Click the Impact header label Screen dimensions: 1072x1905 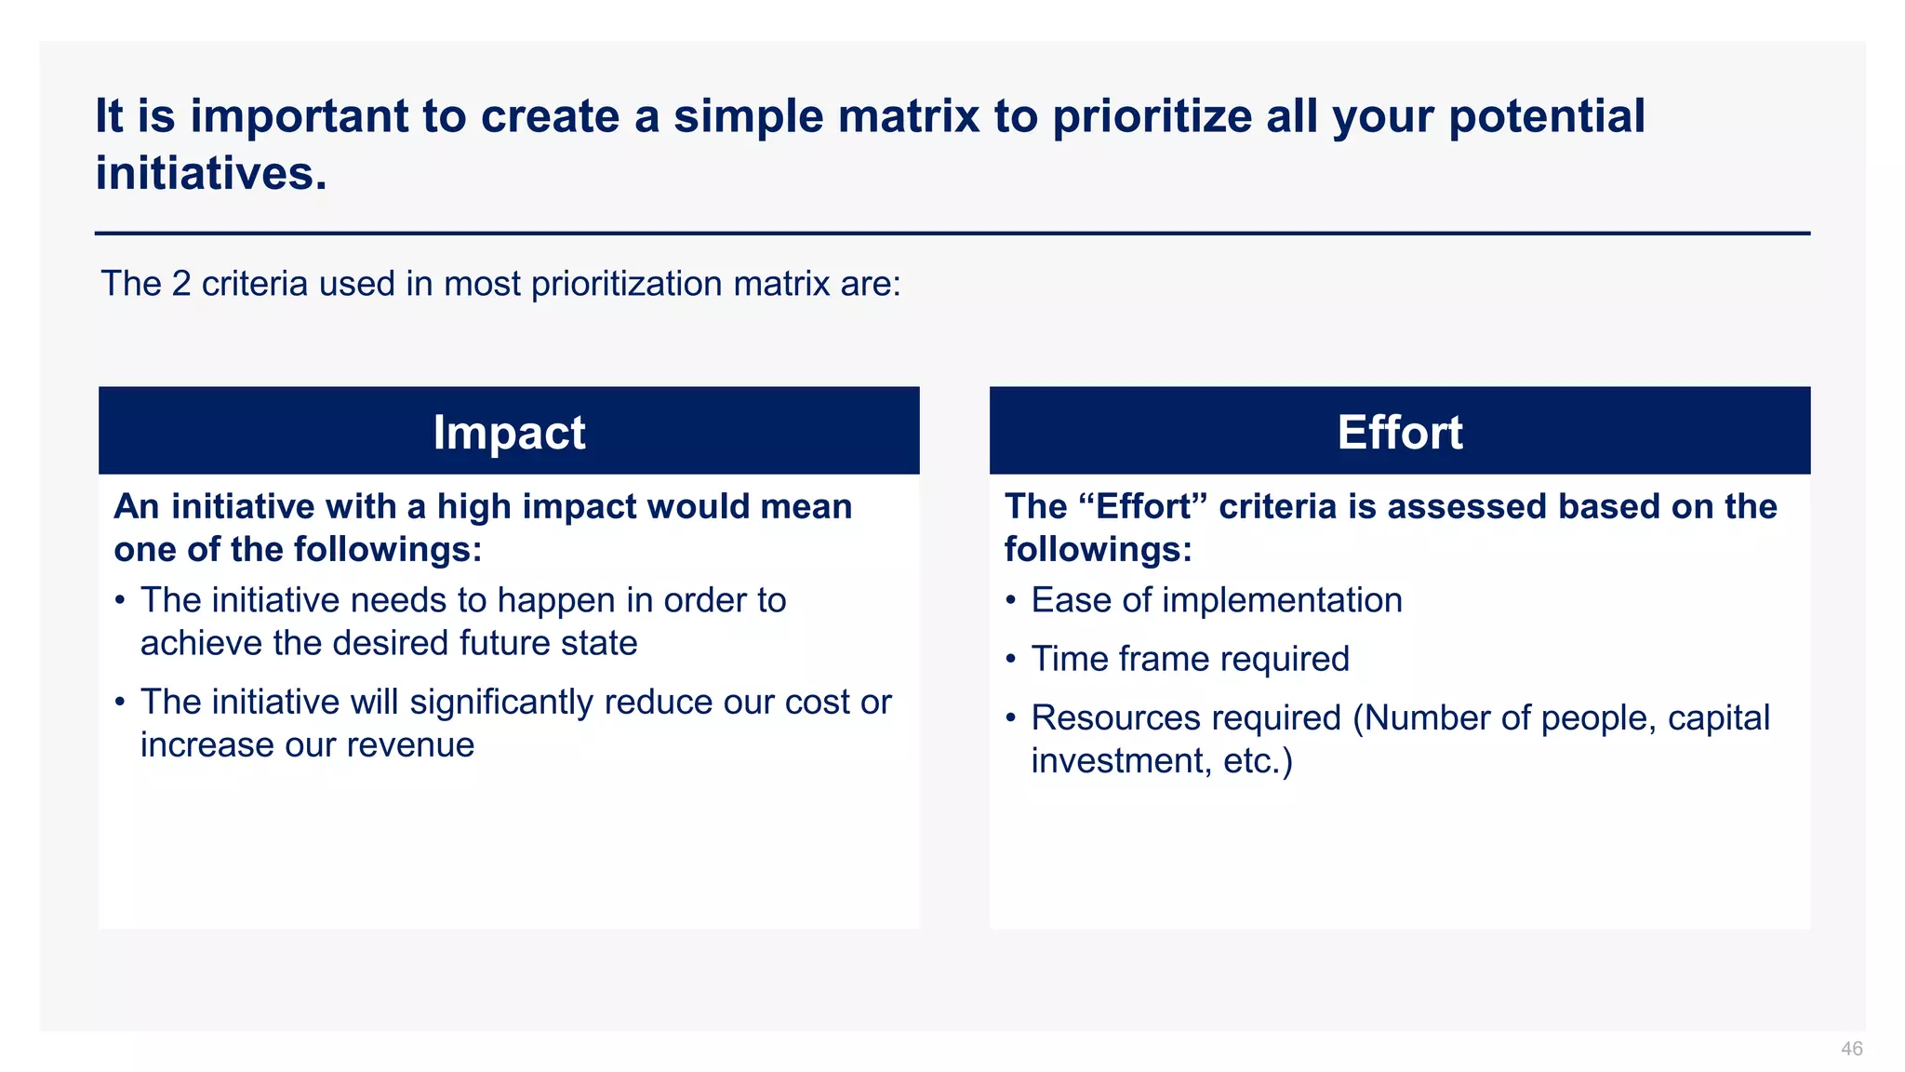509,433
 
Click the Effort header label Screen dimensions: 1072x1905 1399,433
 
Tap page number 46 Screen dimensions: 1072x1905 1851,1049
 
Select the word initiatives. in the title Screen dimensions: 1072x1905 211,173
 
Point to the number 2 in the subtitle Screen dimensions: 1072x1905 180,284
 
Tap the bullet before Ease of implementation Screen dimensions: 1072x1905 1011,601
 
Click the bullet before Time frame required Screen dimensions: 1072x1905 1011,660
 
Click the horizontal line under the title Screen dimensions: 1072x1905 952,234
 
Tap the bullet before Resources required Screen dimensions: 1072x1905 1011,719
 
